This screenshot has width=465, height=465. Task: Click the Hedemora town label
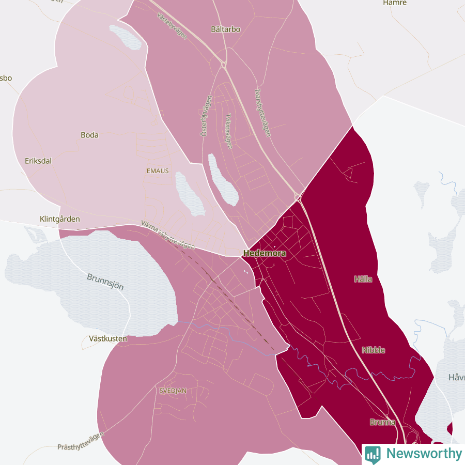tap(265, 254)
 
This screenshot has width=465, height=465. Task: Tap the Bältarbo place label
tap(226, 29)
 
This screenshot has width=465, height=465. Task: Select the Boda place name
tap(89, 135)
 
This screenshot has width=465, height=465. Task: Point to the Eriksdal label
tap(38, 161)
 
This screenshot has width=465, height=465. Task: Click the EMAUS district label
tap(158, 171)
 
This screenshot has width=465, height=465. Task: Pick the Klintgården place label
tap(60, 219)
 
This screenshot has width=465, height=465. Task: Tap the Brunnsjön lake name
tap(105, 282)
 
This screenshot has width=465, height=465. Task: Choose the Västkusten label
tap(108, 339)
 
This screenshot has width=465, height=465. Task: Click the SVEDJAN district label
tap(173, 391)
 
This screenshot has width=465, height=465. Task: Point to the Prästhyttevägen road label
tap(81, 440)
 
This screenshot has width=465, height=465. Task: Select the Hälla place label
tap(363, 279)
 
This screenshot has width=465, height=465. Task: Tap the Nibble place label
tap(373, 350)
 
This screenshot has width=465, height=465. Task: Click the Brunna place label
tap(382, 422)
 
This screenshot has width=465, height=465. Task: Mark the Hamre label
tap(395, 3)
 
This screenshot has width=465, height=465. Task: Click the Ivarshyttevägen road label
tap(263, 112)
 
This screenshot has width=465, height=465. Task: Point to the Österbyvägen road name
tap(206, 116)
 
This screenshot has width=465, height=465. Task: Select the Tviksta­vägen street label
tap(228, 132)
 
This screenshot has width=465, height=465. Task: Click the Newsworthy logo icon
tap(373, 454)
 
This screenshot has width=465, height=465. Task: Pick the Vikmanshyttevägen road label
tap(167, 234)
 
